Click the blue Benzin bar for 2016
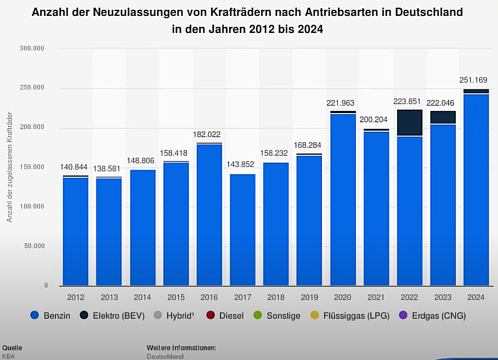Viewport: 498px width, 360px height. coord(209,214)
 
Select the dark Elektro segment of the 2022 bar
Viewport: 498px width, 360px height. coord(409,122)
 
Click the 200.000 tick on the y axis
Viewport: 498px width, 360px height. coord(32,128)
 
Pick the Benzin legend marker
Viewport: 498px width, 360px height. coord(36,316)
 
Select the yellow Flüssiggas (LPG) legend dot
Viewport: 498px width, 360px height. coord(314,316)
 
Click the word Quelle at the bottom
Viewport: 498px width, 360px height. coord(13,348)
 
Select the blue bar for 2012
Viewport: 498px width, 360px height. coord(76,230)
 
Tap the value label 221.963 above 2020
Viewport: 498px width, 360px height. coord(343,103)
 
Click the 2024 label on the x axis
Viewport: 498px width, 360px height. coord(476,297)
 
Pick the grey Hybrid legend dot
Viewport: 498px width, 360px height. coord(157,316)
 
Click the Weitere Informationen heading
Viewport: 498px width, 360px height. coord(182,348)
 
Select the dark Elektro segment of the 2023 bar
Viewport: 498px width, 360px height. coord(443,117)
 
